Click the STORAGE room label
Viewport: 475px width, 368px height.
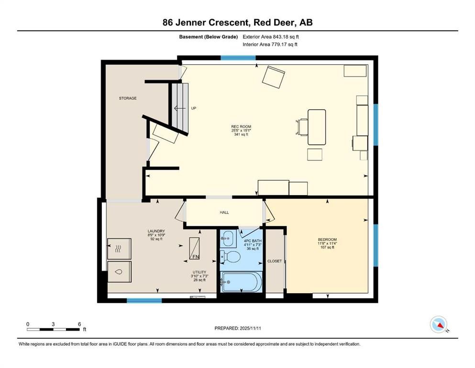point(128,98)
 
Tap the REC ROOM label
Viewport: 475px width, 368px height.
point(241,127)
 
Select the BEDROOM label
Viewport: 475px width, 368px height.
point(327,240)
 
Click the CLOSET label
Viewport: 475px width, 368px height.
point(275,261)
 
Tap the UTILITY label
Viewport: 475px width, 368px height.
point(200,271)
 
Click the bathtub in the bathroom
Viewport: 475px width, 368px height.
point(241,281)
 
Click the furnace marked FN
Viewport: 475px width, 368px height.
point(195,248)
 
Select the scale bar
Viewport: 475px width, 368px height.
point(54,329)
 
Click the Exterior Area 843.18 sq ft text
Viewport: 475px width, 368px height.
point(271,36)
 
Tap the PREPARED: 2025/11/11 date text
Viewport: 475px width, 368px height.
point(237,328)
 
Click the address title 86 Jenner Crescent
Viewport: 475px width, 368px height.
point(237,23)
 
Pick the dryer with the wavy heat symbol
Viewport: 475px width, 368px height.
point(118,248)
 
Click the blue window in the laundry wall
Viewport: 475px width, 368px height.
point(144,301)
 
